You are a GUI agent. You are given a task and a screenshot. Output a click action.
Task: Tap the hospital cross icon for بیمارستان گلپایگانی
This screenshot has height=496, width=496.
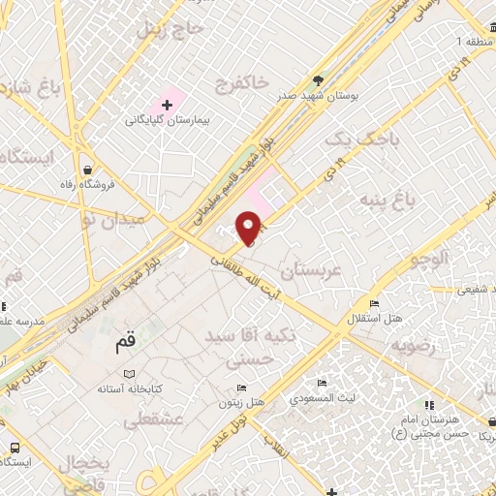click(x=167, y=104)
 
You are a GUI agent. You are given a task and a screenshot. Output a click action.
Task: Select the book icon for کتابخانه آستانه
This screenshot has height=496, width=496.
click(x=132, y=373)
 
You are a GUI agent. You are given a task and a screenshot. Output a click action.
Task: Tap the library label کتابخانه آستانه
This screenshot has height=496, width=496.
click(x=132, y=388)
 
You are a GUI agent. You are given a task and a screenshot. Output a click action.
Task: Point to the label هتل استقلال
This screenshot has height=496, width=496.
click(x=370, y=318)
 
